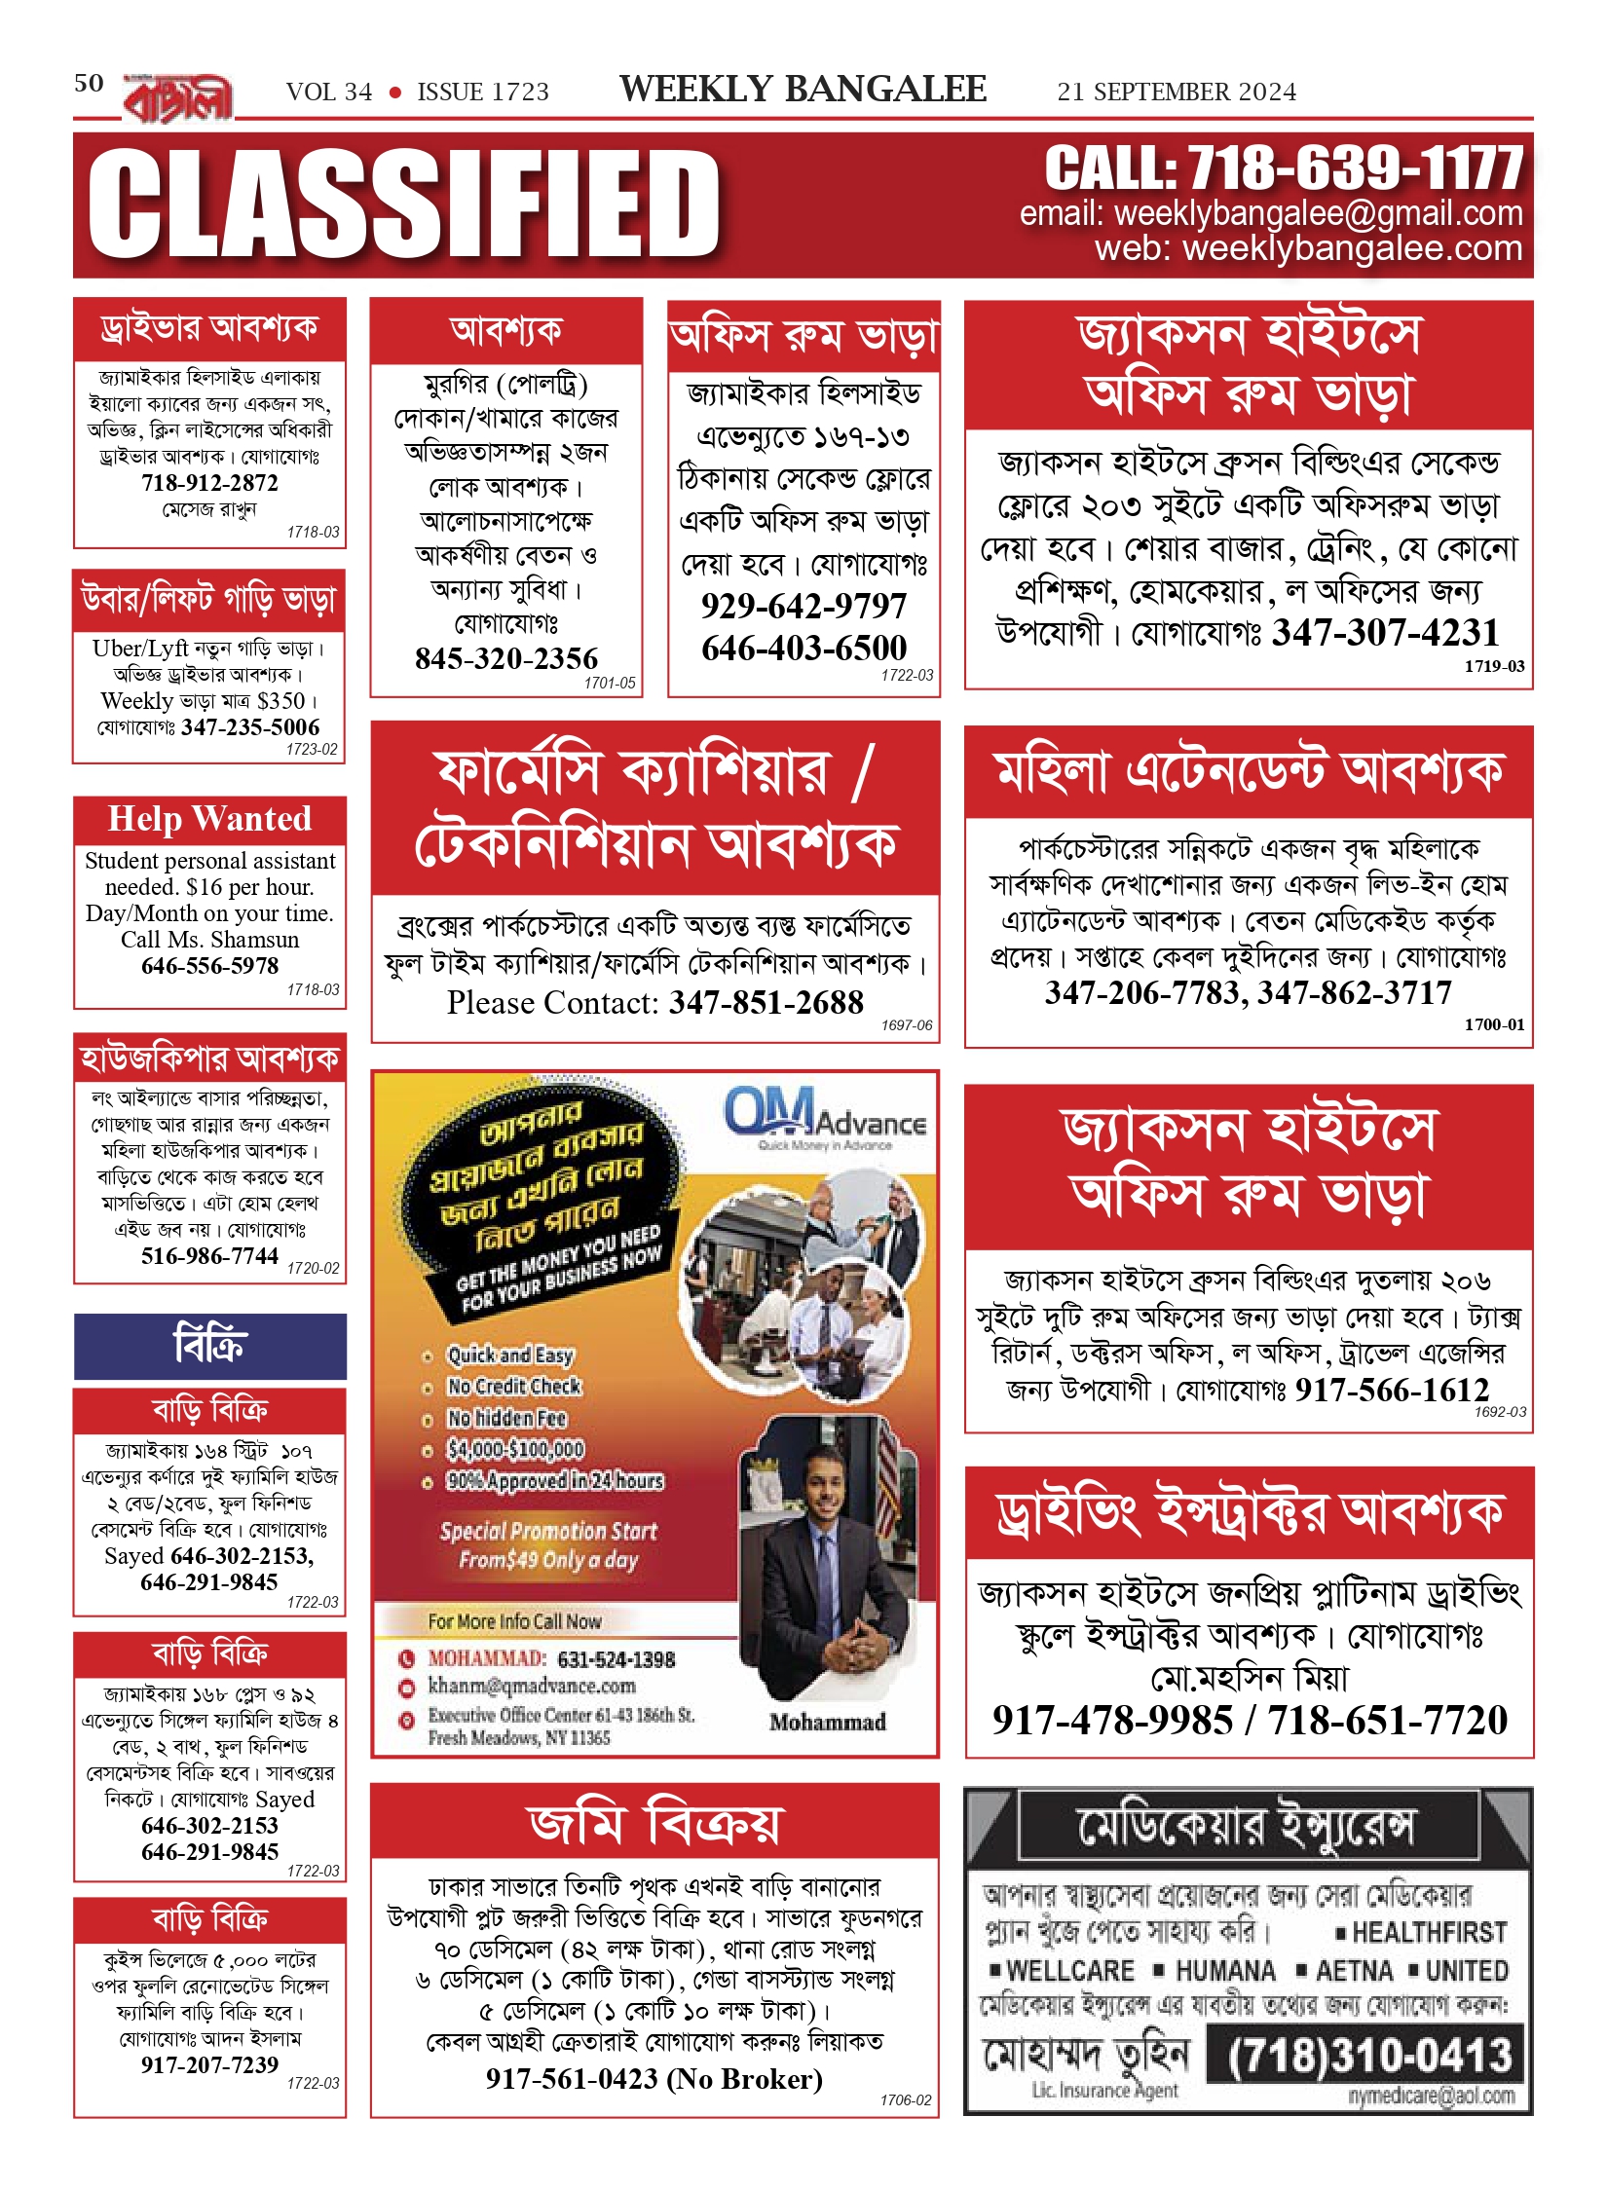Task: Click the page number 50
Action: [89, 83]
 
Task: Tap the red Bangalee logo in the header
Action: [178, 98]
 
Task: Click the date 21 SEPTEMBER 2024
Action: [1176, 93]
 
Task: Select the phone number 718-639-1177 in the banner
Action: [1354, 169]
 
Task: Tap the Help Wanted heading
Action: [209, 819]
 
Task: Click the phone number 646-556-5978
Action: [209, 965]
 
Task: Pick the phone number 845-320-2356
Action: [506, 658]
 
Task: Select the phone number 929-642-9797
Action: [803, 606]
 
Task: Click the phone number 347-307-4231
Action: [1385, 633]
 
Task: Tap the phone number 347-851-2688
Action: [766, 1002]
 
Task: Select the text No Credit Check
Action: [513, 1386]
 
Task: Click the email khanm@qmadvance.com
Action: [532, 1686]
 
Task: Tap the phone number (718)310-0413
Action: [1368, 2056]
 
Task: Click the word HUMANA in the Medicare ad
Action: [1224, 1971]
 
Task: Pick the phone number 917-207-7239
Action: [209, 2064]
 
